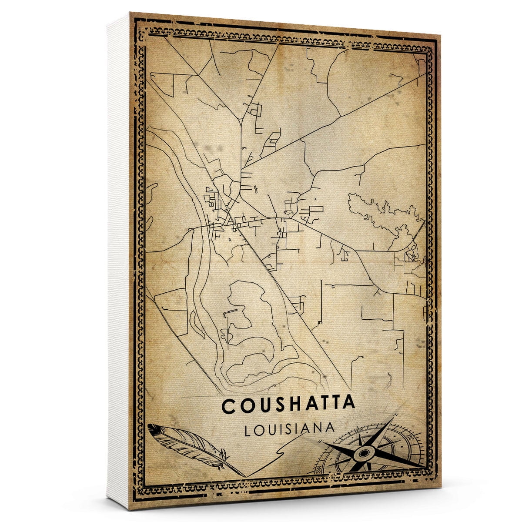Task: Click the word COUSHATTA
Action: pos(288,405)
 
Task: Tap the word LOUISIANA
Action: pos(290,428)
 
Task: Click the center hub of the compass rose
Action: pos(362,453)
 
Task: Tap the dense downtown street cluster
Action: pos(222,213)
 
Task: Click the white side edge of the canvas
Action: pos(118,261)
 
